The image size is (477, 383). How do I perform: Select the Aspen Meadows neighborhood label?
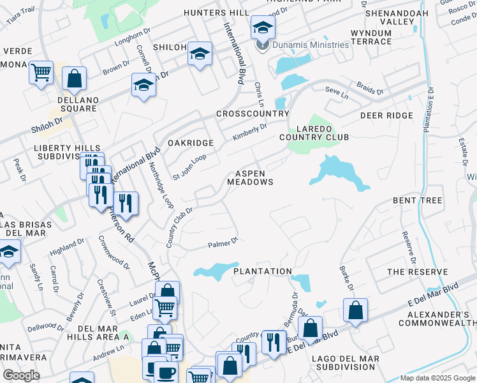click(x=251, y=177)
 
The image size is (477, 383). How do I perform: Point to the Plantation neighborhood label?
click(x=262, y=271)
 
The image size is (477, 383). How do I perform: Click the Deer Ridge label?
click(x=386, y=116)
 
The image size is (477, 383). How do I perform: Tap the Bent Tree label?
click(x=417, y=200)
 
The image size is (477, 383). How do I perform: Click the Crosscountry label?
click(x=253, y=114)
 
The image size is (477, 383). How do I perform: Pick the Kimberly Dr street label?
click(x=249, y=132)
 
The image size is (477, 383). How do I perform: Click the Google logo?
click(x=21, y=375)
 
